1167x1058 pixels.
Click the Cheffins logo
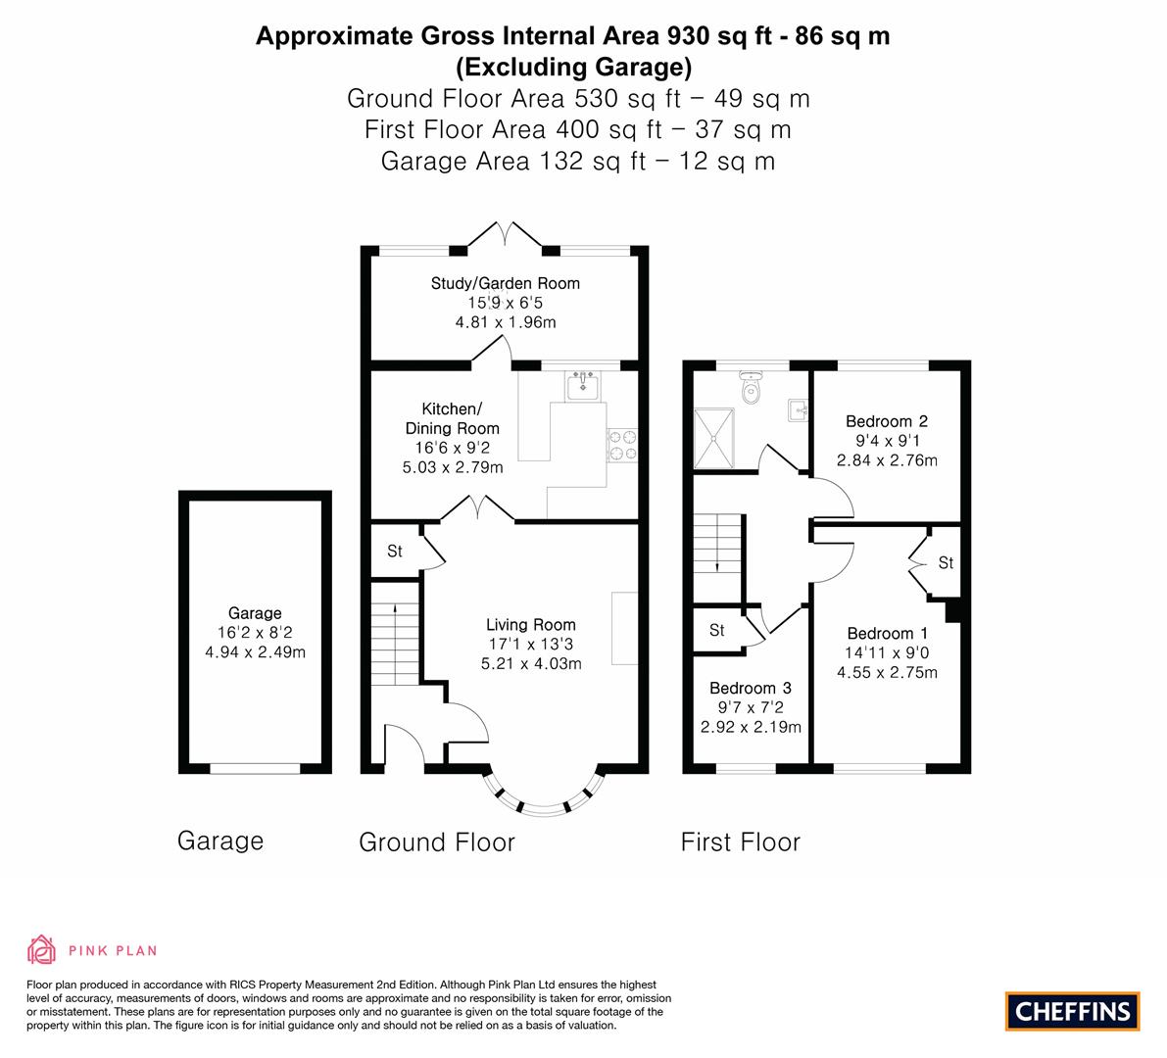(x=1072, y=1011)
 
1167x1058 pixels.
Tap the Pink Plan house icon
(x=42, y=949)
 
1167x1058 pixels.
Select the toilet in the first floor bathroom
(x=751, y=388)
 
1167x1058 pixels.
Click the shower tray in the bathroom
(x=713, y=438)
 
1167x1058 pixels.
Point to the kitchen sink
(x=582, y=386)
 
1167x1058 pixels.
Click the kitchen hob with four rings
(x=622, y=445)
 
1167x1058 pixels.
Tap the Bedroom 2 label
(x=887, y=421)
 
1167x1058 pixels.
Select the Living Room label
(x=531, y=625)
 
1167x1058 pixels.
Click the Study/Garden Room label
(x=506, y=283)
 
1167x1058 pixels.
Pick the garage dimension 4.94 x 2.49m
(x=256, y=652)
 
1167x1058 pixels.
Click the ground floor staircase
(x=395, y=633)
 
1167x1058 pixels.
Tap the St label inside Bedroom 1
(x=946, y=563)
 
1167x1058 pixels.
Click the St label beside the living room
(x=395, y=552)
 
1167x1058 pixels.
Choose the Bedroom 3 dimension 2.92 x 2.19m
(x=751, y=727)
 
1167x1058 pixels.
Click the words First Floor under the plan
(x=741, y=842)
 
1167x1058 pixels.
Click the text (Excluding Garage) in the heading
(x=574, y=68)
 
